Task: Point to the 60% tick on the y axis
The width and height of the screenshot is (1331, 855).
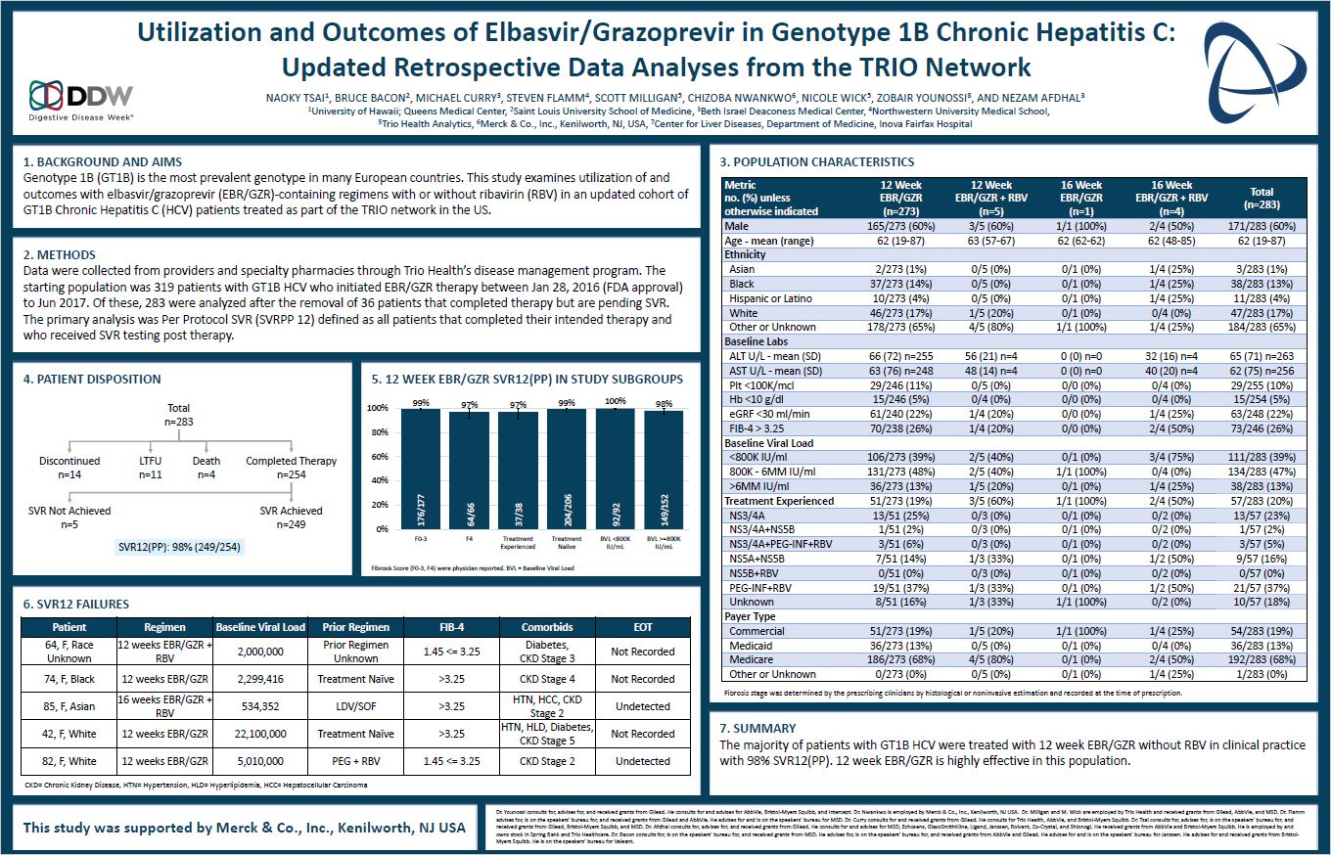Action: (x=379, y=457)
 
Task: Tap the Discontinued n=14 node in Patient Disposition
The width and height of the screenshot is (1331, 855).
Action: (x=69, y=467)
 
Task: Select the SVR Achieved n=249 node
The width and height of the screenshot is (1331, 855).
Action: (x=291, y=516)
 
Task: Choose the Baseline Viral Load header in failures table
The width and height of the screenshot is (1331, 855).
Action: (x=259, y=627)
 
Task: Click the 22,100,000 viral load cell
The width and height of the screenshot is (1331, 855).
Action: (x=259, y=734)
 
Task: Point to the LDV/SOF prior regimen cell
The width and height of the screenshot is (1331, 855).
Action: (x=356, y=706)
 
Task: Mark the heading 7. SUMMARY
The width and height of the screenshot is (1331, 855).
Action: (x=757, y=728)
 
